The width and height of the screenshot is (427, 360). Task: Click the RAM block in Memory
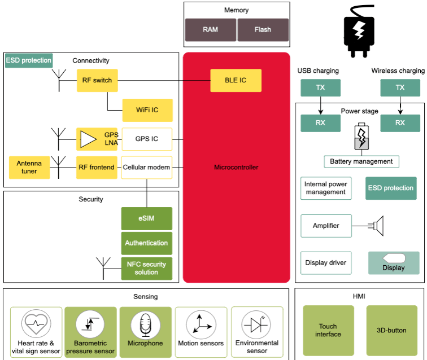tap(211, 30)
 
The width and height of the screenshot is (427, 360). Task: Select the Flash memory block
tap(263, 30)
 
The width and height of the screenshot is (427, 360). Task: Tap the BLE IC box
tap(236, 80)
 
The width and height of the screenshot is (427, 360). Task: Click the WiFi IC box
tap(147, 110)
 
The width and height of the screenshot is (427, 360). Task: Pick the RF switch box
tap(97, 80)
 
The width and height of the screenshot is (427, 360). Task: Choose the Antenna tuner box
tap(29, 168)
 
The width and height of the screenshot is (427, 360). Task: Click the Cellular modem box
tap(146, 168)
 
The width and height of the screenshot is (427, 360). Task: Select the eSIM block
tap(146, 218)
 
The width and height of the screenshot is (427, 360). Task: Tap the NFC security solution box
tap(146, 268)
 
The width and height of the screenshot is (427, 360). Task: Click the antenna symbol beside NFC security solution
tap(103, 268)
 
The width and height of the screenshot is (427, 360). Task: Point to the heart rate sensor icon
tap(36, 323)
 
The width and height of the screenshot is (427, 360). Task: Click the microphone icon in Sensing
tap(145, 325)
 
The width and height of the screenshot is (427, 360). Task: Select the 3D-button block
tap(391, 330)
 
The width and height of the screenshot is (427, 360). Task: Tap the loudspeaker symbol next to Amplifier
tap(376, 226)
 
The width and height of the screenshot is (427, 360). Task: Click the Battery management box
tap(361, 161)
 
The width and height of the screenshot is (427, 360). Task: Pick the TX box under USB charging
tap(320, 87)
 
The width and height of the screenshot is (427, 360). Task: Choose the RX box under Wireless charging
tap(400, 123)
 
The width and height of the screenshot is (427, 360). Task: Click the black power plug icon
tap(359, 31)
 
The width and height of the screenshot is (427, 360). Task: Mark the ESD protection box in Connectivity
tap(29, 60)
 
